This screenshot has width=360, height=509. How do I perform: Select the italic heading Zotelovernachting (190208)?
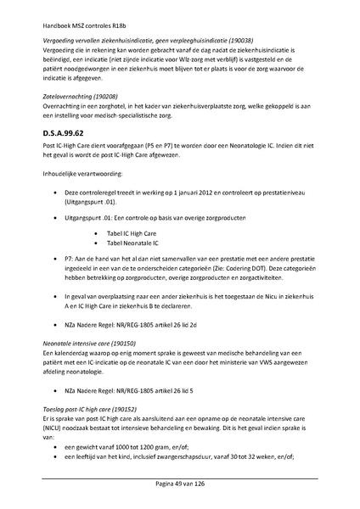pyautogui.click(x=80, y=97)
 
